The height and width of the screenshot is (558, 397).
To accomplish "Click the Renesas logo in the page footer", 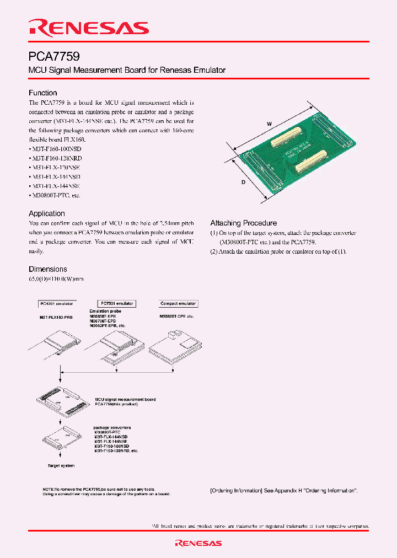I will pyautogui.click(x=198, y=543).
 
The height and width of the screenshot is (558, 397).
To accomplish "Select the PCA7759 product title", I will pyautogui.click(x=54, y=56).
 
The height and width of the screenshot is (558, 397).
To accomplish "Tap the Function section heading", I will pyautogui.click(x=43, y=93).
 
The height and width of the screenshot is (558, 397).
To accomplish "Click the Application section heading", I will pyautogui.click(x=47, y=213).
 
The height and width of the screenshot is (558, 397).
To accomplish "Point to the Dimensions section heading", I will pyautogui.click(x=48, y=269).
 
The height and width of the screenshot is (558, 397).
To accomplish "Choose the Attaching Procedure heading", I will pyautogui.click(x=243, y=223).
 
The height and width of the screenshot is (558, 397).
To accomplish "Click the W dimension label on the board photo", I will pyautogui.click(x=270, y=125).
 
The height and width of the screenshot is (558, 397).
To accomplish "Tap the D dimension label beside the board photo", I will pyautogui.click(x=243, y=182).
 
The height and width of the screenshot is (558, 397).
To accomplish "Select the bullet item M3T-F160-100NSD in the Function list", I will pyautogui.click(x=55, y=149).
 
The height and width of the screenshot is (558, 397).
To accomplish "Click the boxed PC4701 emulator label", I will pyautogui.click(x=57, y=304).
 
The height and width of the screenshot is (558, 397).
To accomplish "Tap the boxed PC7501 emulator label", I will pyautogui.click(x=116, y=304).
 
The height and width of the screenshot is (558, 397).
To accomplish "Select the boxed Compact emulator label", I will pyautogui.click(x=178, y=304).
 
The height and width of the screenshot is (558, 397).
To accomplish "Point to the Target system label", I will pyautogui.click(x=60, y=466).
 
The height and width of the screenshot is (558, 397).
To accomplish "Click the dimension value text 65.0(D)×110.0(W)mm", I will pyautogui.click(x=56, y=280).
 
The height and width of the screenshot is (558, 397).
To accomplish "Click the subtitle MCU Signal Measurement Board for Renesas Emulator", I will pyautogui.click(x=127, y=71).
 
